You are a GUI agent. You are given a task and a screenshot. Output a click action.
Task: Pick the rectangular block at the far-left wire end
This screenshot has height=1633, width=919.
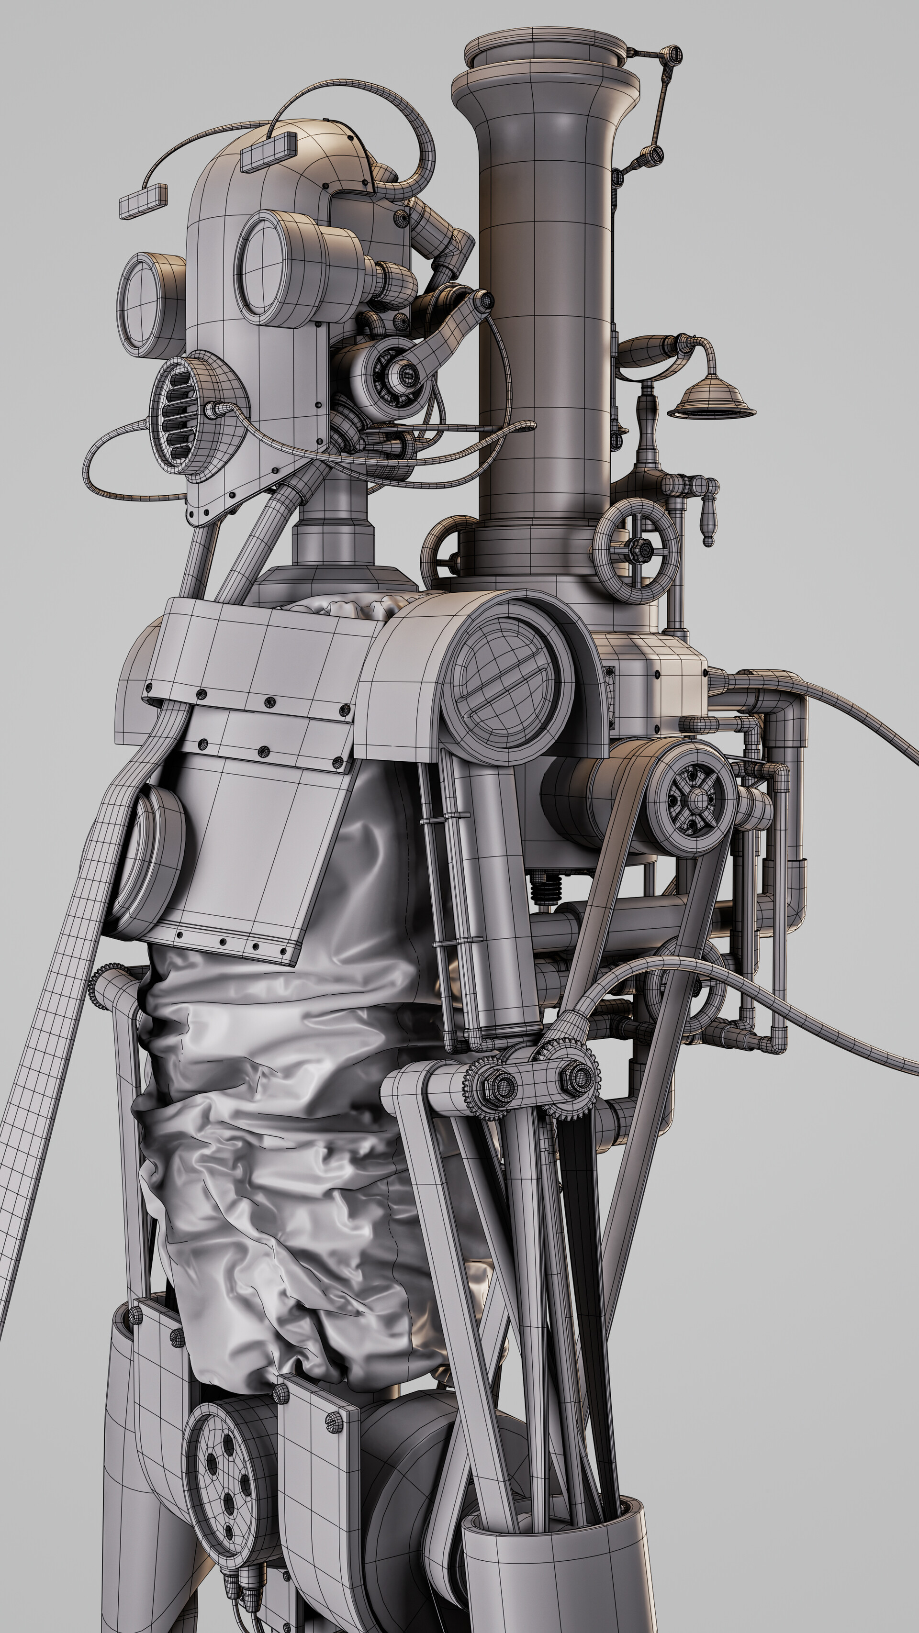click(x=143, y=201)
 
